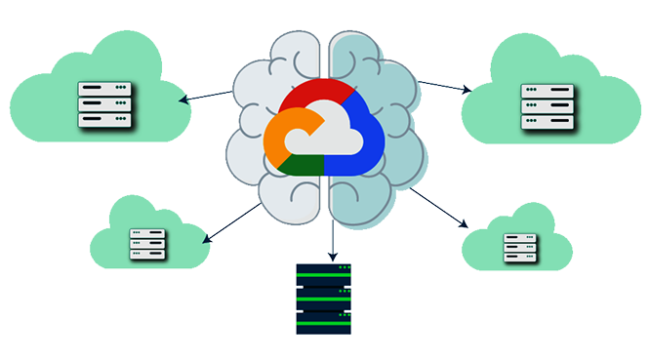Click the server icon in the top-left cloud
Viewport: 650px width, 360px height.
[104, 104]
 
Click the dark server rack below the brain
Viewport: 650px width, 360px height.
[324, 300]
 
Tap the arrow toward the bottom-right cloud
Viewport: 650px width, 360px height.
[439, 208]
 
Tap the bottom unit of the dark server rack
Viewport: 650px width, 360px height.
[324, 323]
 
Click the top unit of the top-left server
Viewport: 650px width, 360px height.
[104, 90]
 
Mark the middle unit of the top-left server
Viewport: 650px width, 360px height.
[104, 104]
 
